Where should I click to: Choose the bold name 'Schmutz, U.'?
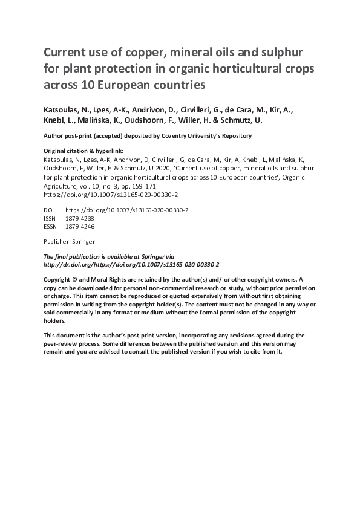[x=246, y=121]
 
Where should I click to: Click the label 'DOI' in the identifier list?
[x=50, y=210]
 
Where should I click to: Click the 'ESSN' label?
[x=52, y=227]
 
